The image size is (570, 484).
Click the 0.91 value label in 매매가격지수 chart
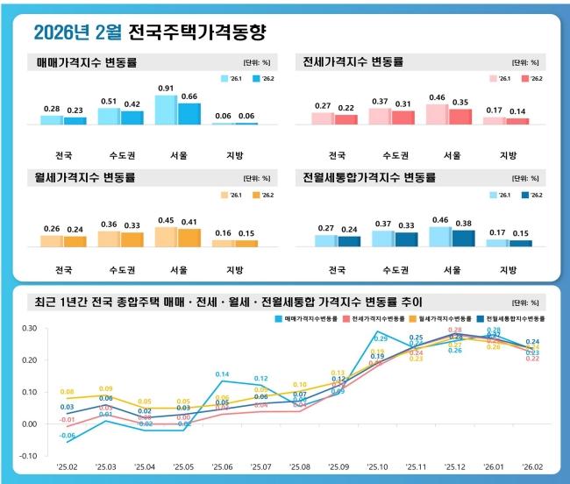(x=166, y=88)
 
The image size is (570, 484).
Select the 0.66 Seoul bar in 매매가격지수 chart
(x=189, y=113)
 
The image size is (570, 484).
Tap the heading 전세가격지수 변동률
(x=352, y=62)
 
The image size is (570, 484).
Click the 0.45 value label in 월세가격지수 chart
(x=166, y=220)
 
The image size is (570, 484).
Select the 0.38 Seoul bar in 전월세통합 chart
(x=464, y=237)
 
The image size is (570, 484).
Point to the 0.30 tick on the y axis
(x=29, y=329)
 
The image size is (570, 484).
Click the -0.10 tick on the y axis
(x=29, y=456)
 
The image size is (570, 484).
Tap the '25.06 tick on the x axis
(x=222, y=467)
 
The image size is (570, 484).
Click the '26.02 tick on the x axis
(x=532, y=467)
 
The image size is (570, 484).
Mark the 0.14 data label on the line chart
(x=223, y=374)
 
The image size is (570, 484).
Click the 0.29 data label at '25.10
(x=381, y=338)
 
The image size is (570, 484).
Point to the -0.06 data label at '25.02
(x=68, y=435)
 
